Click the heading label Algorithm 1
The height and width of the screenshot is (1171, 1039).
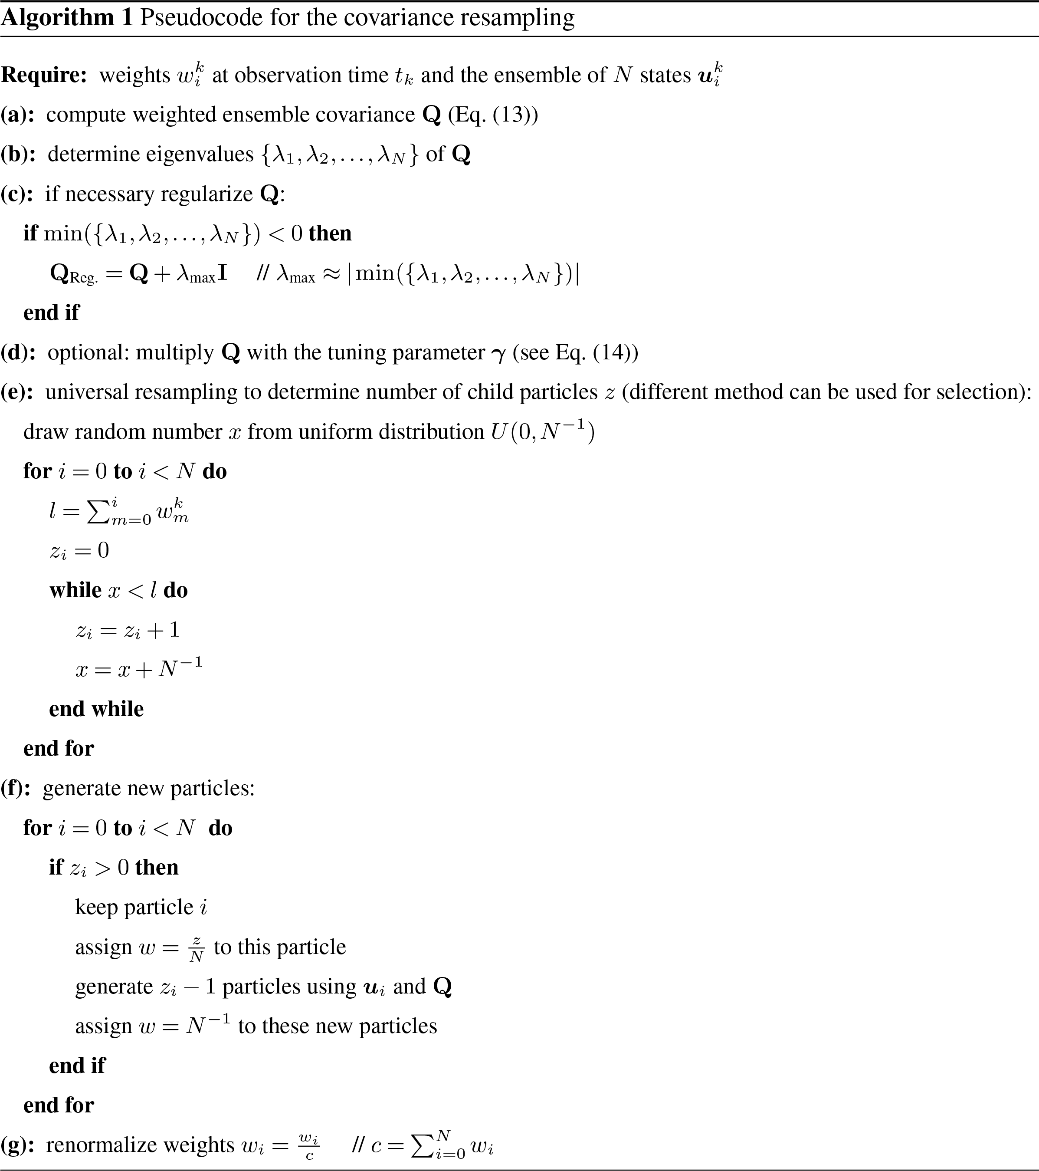click(x=66, y=18)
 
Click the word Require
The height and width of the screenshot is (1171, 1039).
click(x=43, y=76)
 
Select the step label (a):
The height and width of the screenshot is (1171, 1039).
click(x=18, y=115)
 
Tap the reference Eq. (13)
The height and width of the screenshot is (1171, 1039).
click(x=492, y=115)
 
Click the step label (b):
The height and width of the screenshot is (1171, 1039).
click(x=18, y=155)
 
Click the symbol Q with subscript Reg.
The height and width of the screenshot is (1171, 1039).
click(x=73, y=274)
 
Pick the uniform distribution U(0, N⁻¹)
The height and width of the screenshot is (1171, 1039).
click(x=542, y=431)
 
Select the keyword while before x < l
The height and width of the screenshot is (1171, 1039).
click(x=75, y=590)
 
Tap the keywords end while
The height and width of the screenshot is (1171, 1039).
click(x=96, y=709)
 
